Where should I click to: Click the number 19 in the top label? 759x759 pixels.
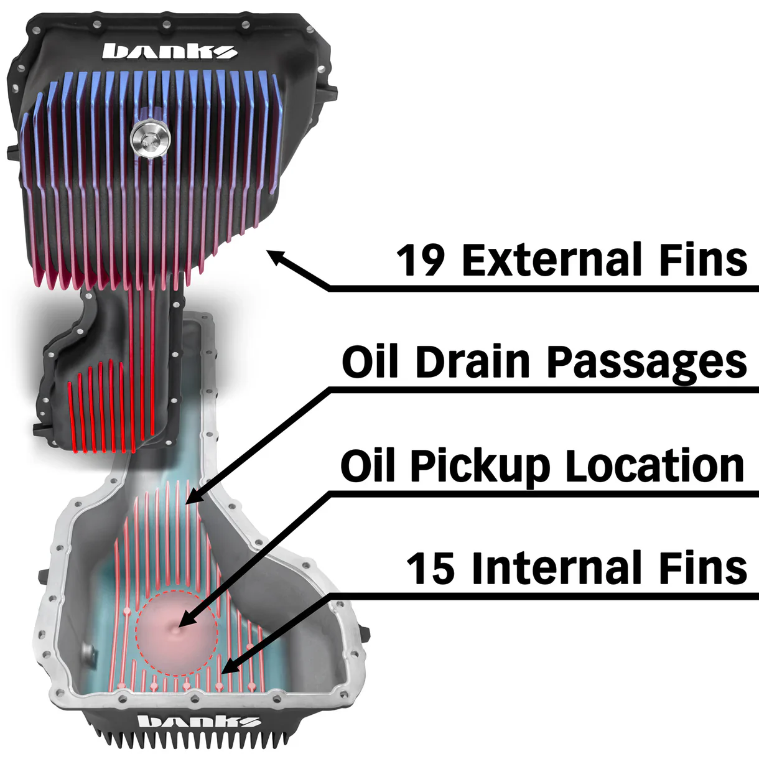[420, 260]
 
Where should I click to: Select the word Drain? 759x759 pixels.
[472, 362]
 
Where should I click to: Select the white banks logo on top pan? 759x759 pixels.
[169, 51]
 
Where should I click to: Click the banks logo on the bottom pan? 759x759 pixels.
[198, 722]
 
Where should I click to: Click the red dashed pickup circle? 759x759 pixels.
[177, 633]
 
